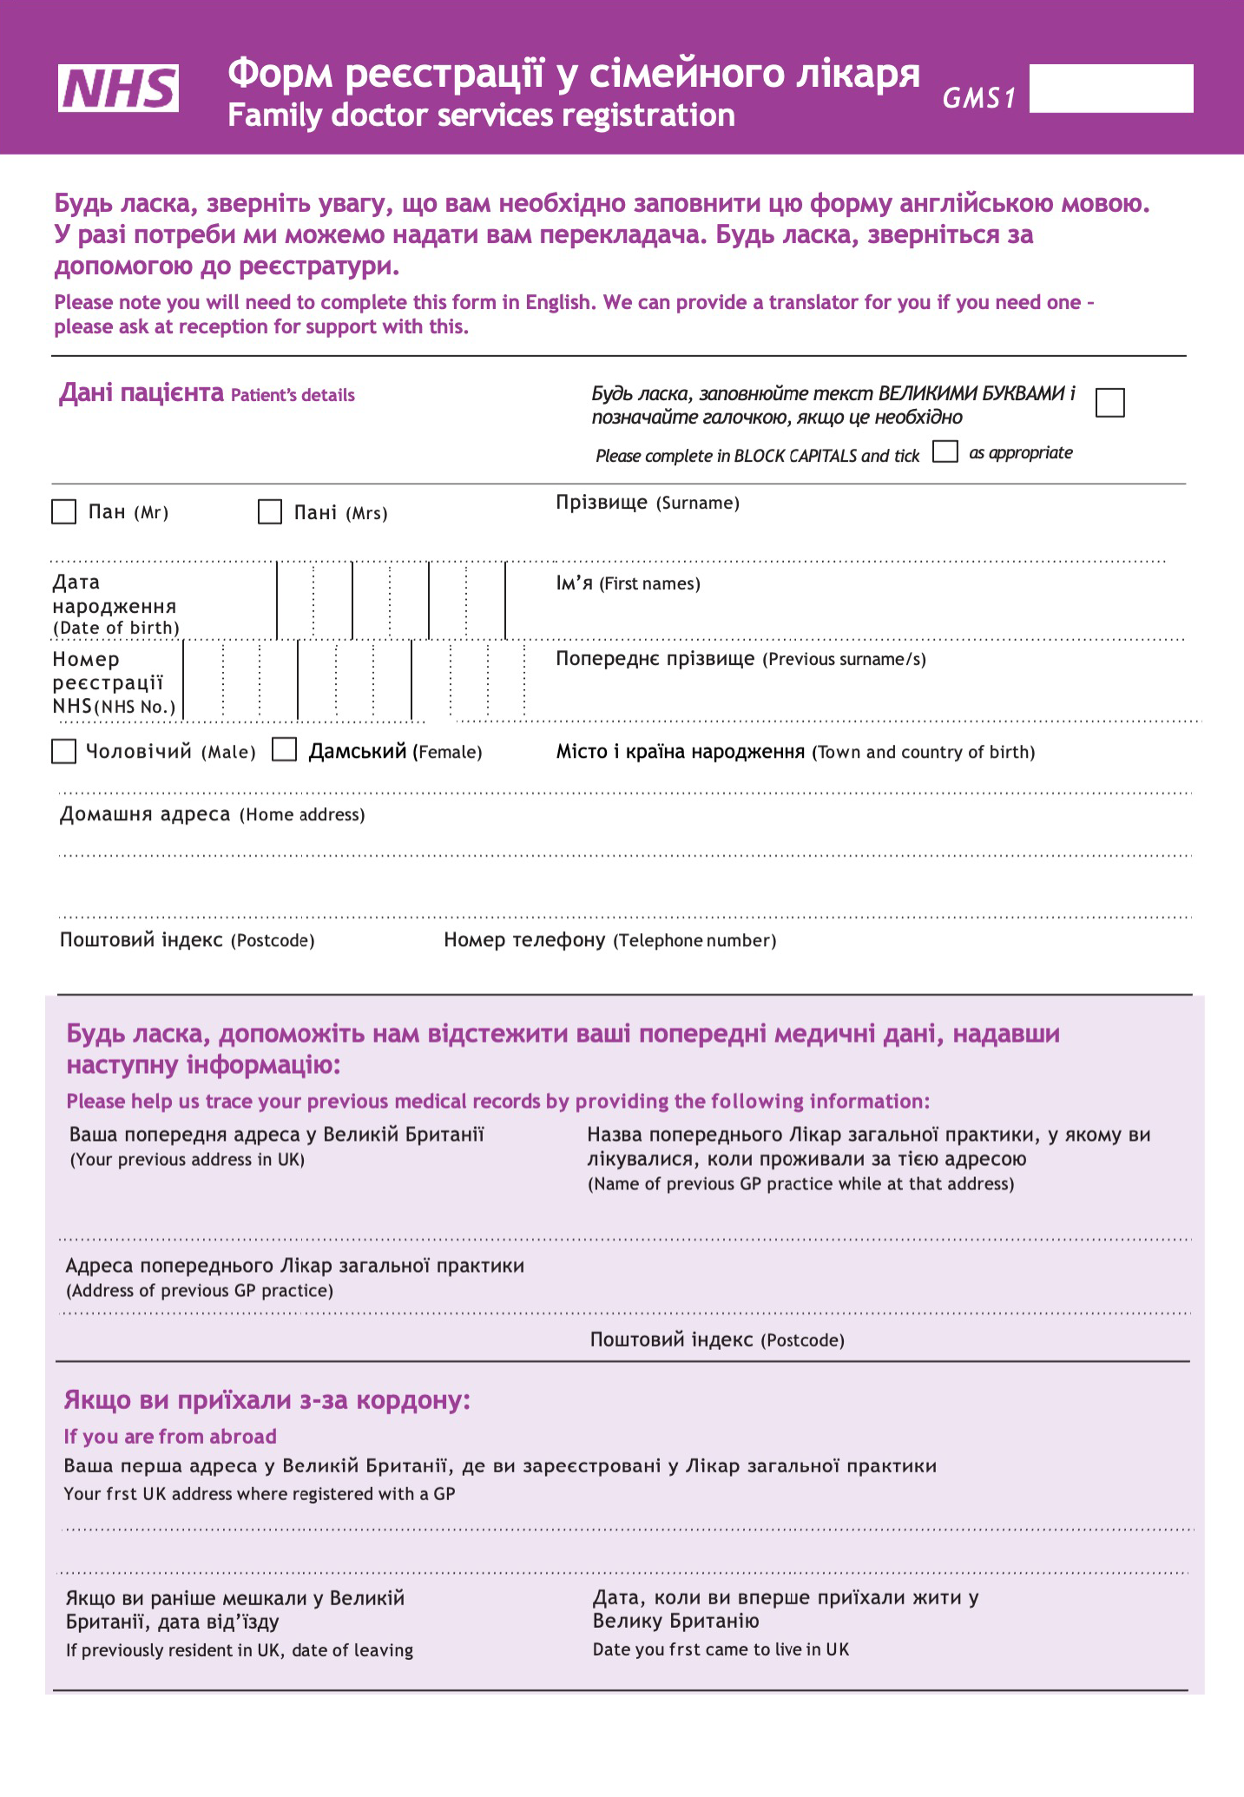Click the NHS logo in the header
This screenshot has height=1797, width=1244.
[119, 89]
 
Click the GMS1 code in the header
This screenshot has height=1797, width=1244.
[979, 99]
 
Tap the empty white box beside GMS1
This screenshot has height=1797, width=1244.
[1110, 89]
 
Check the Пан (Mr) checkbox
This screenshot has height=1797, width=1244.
[64, 512]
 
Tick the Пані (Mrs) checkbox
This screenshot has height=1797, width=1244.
[270, 512]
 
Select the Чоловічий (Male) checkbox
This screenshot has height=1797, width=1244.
[64, 751]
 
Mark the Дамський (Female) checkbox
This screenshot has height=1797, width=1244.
[285, 750]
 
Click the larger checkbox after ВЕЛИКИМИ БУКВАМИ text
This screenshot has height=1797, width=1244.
[1109, 403]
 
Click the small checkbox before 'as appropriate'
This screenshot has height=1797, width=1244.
[945, 452]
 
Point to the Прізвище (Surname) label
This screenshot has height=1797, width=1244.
[648, 503]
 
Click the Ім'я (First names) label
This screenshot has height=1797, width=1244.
[628, 583]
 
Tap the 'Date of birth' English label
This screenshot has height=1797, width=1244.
[116, 629]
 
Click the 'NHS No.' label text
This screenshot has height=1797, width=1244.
[135, 707]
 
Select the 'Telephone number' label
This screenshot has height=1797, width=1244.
[694, 941]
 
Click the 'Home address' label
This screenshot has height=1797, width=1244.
[301, 815]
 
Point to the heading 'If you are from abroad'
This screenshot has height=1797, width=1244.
[170, 1437]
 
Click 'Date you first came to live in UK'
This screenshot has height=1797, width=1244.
[721, 1649]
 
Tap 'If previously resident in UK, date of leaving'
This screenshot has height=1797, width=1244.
[240, 1650]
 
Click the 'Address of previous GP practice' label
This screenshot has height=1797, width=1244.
[200, 1291]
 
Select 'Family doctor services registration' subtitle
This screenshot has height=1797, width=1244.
[481, 115]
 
